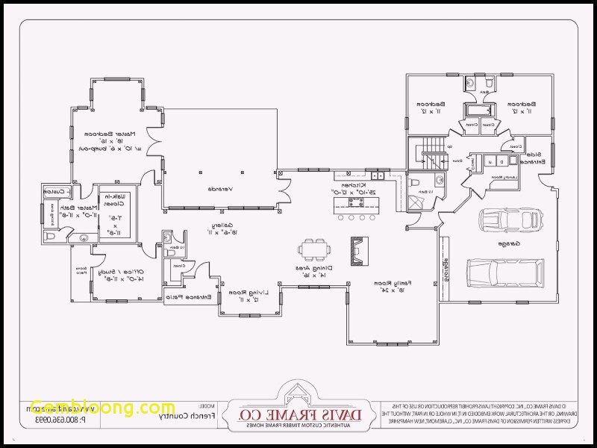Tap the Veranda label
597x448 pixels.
220,188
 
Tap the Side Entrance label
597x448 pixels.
535,158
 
